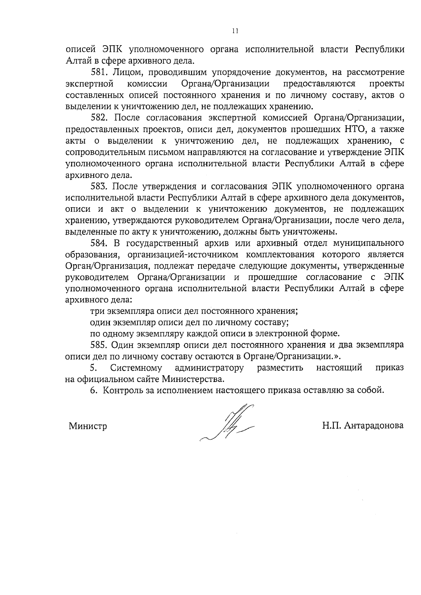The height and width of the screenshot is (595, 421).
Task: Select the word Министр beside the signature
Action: [88, 426]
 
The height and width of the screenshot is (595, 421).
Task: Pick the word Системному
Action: [136, 368]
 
